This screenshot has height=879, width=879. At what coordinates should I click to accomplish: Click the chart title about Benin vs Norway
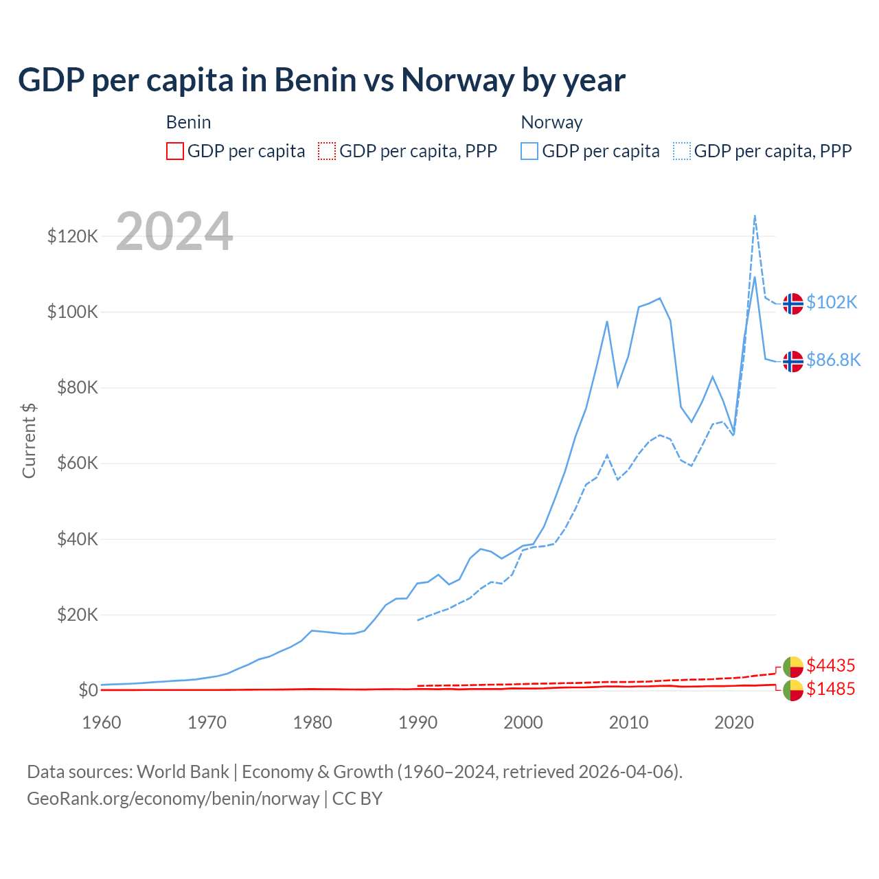tap(321, 80)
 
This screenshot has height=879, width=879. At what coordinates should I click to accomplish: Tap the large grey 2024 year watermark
tap(174, 231)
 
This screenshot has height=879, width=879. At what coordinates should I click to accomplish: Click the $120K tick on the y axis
tap(73, 237)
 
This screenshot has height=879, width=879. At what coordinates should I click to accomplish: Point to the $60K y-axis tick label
tap(76, 464)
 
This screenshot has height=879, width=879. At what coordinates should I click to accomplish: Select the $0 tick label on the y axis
tap(88, 690)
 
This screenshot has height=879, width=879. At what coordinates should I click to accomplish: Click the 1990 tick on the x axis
tap(418, 722)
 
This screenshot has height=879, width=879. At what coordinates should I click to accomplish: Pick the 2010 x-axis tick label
tap(628, 722)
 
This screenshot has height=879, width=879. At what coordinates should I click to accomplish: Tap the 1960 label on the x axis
tap(102, 722)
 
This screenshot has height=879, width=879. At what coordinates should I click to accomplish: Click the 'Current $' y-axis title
tap(29, 440)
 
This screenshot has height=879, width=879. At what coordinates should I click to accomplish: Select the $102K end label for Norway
tap(832, 303)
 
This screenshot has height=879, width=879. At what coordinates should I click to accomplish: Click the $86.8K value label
tap(833, 361)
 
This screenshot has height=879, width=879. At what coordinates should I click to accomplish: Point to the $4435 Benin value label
tap(831, 665)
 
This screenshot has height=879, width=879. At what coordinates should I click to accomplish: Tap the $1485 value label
tap(831, 689)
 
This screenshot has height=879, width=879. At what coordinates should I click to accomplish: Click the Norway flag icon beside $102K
tap(793, 303)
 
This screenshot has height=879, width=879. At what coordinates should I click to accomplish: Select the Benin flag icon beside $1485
tap(793, 690)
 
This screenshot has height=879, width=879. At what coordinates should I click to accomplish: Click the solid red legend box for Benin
tap(175, 151)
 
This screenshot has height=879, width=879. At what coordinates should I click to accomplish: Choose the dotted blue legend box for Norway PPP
tap(682, 151)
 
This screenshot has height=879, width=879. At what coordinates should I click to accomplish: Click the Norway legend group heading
tap(551, 122)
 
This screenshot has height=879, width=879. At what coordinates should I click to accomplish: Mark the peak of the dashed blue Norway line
tap(755, 215)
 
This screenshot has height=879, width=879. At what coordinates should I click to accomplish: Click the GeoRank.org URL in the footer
tap(173, 799)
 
